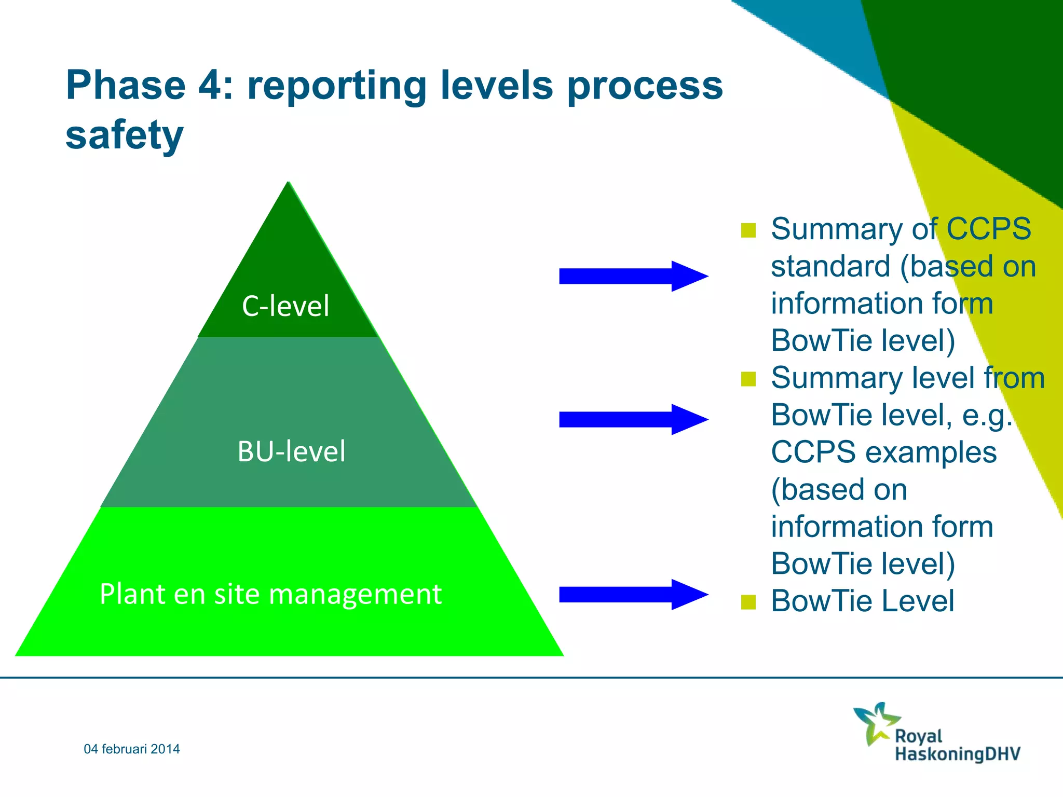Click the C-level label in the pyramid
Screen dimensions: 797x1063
(285, 306)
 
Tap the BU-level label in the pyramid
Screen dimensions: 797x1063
(291, 451)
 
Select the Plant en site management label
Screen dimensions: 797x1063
(270, 594)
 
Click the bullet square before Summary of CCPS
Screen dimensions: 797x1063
(748, 230)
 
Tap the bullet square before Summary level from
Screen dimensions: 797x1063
(748, 379)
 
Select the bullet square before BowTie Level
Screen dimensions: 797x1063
(748, 602)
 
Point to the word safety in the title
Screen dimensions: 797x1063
(125, 135)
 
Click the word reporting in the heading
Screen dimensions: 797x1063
(337, 86)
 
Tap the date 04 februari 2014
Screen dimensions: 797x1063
(132, 749)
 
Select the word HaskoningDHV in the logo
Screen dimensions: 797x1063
(958, 753)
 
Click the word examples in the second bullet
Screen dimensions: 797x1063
(931, 452)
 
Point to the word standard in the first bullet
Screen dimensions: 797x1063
(830, 267)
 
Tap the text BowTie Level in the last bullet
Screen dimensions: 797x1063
(862, 601)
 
